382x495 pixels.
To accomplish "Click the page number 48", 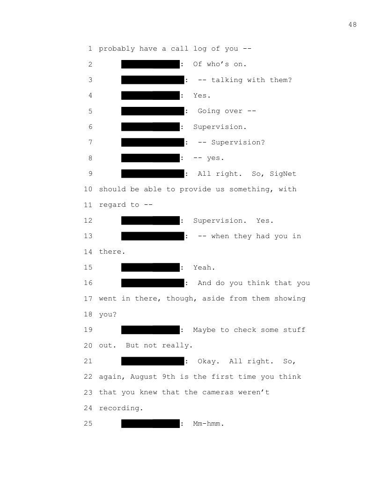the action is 353,25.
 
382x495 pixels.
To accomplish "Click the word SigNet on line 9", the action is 283,174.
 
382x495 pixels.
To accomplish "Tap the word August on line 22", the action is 144,377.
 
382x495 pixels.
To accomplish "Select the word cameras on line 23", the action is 218,392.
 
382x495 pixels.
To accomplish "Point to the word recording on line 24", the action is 121,408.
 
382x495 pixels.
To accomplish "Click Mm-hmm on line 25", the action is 209,424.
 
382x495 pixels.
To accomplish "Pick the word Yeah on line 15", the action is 204,267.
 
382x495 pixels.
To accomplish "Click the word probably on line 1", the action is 117,49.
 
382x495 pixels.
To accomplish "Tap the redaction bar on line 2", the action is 150,64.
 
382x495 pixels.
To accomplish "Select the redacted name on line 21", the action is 153,361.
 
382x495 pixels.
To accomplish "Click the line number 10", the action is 88,189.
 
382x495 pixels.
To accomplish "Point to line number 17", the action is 88,299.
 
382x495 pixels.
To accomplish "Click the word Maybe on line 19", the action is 204,330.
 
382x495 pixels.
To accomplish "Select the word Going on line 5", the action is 209,111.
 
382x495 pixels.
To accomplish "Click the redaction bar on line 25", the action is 150,424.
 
